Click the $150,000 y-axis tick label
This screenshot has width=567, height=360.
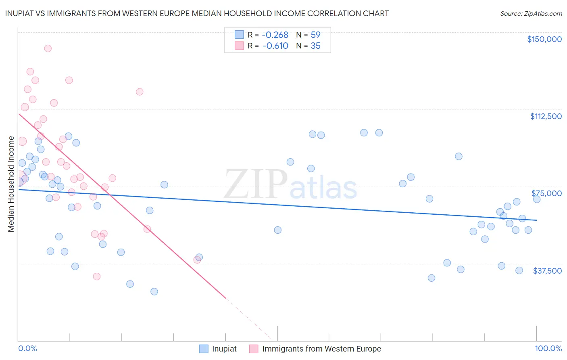coord(544,39)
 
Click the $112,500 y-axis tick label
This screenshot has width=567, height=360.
coord(546,116)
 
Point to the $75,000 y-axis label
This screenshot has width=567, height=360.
coord(546,193)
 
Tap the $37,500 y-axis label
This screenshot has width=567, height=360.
coord(547,271)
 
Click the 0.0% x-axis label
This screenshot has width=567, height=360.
coord(27,349)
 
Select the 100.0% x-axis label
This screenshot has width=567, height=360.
coord(548,349)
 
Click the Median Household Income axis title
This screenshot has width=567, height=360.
coord(11,184)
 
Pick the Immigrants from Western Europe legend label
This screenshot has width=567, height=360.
coord(321,349)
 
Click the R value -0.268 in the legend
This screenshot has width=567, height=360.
coord(275,35)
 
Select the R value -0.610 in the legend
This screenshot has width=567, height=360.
coord(275,46)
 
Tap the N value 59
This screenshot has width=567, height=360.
coord(315,35)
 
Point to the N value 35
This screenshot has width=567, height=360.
coord(315,46)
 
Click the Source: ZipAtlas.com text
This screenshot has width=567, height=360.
coord(531,14)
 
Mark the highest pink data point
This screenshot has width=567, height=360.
coord(48,48)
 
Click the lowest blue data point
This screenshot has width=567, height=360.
coord(154,291)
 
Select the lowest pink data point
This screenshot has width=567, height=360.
coord(97,276)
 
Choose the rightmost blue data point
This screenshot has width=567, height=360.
coord(536,199)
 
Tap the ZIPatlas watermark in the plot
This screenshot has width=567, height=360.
coord(290,185)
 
